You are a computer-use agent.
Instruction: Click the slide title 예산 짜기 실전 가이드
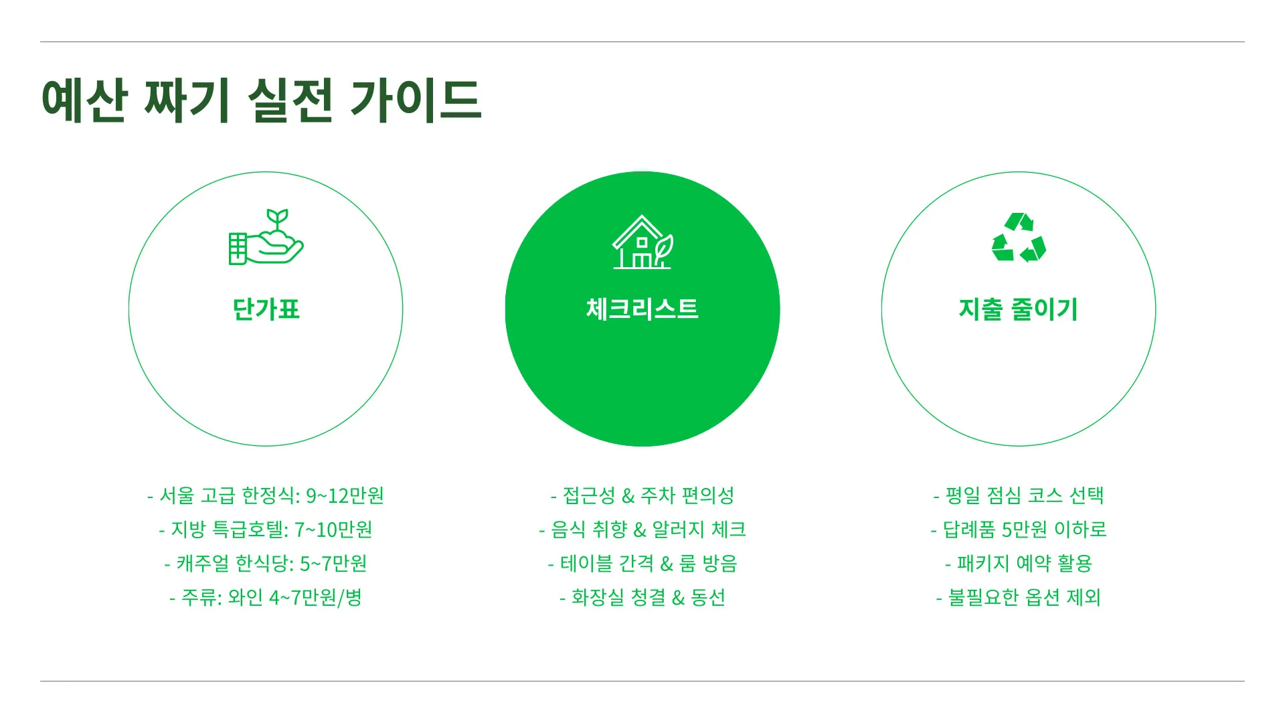[x=261, y=100]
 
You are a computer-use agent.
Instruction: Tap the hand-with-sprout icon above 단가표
[x=266, y=238]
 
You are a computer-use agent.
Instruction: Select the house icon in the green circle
[x=642, y=242]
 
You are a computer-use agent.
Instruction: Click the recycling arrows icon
[x=1018, y=238]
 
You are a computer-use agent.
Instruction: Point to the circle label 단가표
[x=266, y=309]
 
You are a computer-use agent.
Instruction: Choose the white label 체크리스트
[x=642, y=309]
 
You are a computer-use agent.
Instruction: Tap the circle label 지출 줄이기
[x=1018, y=309]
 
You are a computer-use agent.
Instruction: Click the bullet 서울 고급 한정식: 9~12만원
[x=266, y=495]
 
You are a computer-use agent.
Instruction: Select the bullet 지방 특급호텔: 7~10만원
[x=266, y=530]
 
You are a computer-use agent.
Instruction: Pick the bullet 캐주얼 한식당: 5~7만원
[x=266, y=564]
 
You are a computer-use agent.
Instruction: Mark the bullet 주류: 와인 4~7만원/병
[x=266, y=597]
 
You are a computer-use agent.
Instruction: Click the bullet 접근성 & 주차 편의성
[x=642, y=495]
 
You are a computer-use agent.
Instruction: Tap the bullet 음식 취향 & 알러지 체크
[x=642, y=530]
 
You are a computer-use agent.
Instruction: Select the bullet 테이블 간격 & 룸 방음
[x=642, y=564]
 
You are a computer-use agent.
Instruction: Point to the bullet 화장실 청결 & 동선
[x=642, y=597]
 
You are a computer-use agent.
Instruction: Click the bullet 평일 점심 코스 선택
[x=1018, y=495]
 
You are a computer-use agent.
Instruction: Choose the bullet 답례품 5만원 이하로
[x=1018, y=530]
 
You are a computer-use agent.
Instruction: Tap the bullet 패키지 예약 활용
[x=1018, y=564]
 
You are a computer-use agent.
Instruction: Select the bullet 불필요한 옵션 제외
[x=1018, y=597]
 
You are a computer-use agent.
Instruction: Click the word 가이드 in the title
[x=415, y=100]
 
